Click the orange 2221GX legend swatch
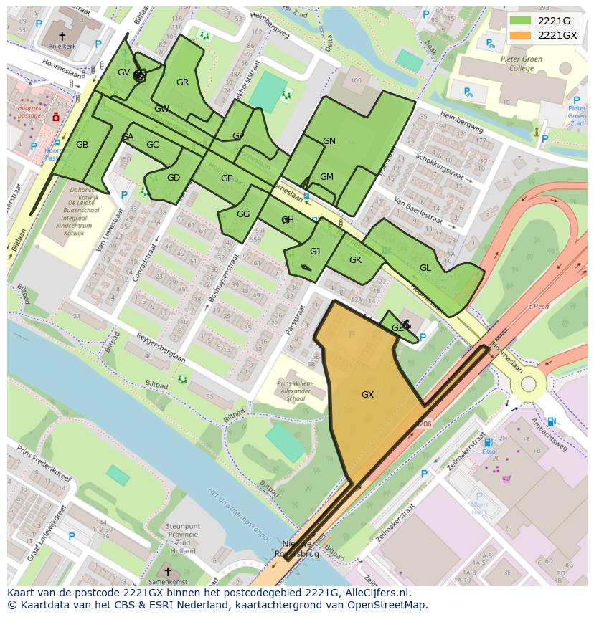tap(521, 35)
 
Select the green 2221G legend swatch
tap(521, 21)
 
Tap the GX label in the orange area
tap(367, 395)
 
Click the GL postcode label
tap(425, 268)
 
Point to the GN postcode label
tap(329, 141)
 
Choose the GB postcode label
tap(82, 145)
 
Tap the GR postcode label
tap(183, 82)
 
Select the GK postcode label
tap(355, 260)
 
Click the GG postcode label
tap(243, 214)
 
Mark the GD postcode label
tap(174, 178)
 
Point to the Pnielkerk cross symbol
tap(62, 35)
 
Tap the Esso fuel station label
tap(489, 452)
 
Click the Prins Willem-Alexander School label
tap(296, 388)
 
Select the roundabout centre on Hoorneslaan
tap(529, 384)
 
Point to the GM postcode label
tap(326, 177)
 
